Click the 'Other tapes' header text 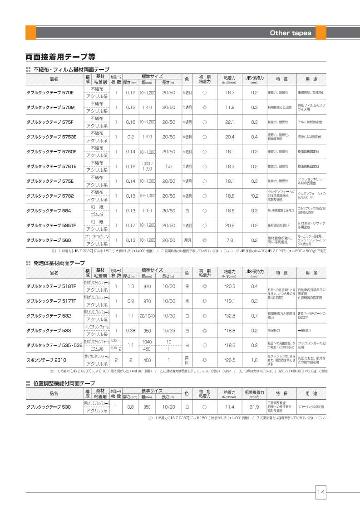coord(291,33)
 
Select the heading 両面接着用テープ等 coord(60,57)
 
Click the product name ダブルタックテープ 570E coord(50,93)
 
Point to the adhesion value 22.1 coord(229,122)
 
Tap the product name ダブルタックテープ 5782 coord(50,196)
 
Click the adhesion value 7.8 coord(230,240)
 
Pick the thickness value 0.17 coord(131,225)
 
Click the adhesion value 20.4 coord(229,137)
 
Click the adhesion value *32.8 coord(229,316)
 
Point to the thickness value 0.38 coord(131,331)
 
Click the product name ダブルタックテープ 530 coord(49,407)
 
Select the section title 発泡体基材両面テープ coord(59,263)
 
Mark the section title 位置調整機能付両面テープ coord(64,383)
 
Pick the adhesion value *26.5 coord(229,360)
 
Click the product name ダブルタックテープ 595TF coord(51,225)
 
